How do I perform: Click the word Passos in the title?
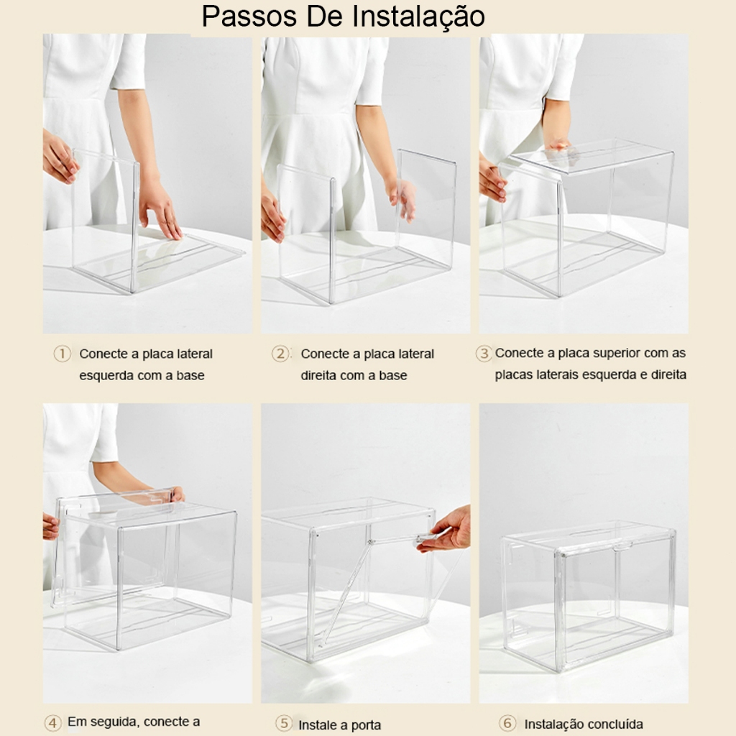coord(249,17)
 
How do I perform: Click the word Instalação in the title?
coord(419,17)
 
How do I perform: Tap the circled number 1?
coord(62,354)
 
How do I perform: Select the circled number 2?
coord(280,354)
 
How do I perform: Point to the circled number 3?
coord(484,353)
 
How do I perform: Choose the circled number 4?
coord(53,722)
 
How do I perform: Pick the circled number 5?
coord(284,723)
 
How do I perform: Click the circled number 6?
coord(507,723)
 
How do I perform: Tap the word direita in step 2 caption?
coord(317,375)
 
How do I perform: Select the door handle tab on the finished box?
coord(622,545)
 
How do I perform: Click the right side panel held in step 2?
coord(426,209)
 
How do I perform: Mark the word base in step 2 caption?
coord(393,375)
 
